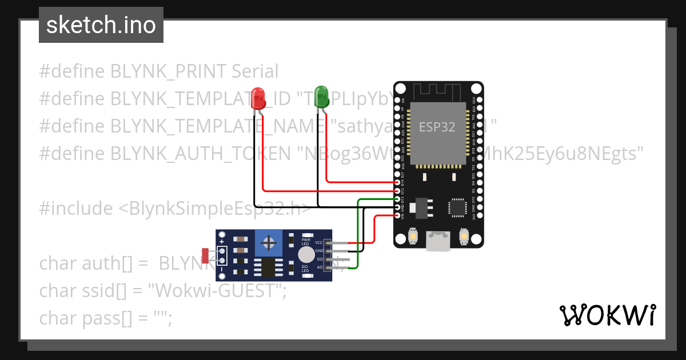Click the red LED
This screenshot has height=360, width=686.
[x=258, y=98]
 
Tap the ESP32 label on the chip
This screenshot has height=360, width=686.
[x=437, y=127]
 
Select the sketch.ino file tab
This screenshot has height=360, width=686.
[x=101, y=25]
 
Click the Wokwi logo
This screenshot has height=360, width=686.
[x=607, y=315]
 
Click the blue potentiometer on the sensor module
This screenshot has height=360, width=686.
[x=268, y=243]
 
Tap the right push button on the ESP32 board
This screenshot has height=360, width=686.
[x=464, y=236]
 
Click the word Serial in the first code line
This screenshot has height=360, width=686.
[x=255, y=71]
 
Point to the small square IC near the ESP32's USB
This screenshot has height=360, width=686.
[x=457, y=207]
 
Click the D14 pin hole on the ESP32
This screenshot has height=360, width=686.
[x=398, y=182]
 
